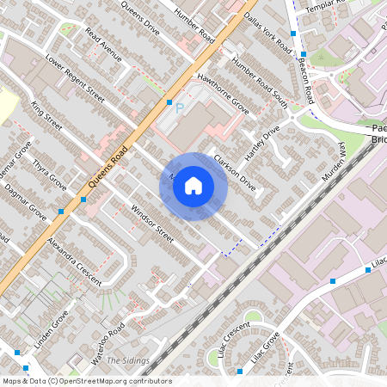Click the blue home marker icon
click(x=193, y=186)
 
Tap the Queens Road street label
click(x=108, y=166)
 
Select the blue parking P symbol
click(x=180, y=108)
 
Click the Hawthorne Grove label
click(x=223, y=92)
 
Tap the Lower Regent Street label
click(x=75, y=81)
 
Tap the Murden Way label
click(x=333, y=162)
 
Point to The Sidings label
click(x=127, y=360)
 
